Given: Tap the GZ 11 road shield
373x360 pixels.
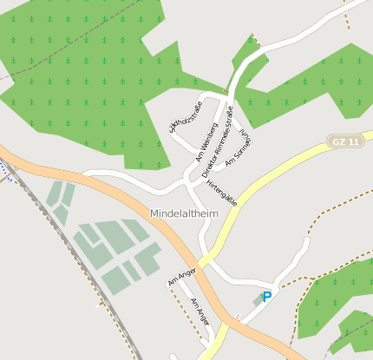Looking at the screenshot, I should [x=343, y=141].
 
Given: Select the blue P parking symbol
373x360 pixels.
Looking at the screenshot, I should [x=267, y=297].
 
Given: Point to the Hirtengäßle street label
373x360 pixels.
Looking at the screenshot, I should [x=223, y=187].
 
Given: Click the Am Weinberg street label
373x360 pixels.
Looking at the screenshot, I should [x=206, y=143].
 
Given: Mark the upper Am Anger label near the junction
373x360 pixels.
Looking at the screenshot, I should [x=181, y=276].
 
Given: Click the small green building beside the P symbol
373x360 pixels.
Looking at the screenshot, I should [x=257, y=300].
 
